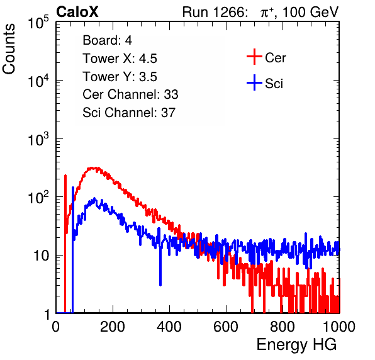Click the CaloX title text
coord(77,12)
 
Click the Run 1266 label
coord(215,12)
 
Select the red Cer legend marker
coord(254,57)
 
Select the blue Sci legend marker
coord(254,82)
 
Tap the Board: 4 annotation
coord(107,40)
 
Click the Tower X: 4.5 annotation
coord(120,59)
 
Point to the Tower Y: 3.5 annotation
coord(120,77)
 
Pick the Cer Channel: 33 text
coord(130,94)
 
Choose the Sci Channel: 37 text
coord(129,113)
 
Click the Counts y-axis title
coord(9,49)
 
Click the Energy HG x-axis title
coord(296,345)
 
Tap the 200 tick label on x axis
coord(113,327)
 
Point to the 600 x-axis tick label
coord(226,327)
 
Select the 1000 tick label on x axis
coord(339,327)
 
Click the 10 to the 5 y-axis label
coord(38,22)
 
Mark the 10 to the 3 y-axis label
coord(38,139)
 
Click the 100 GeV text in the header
coord(310,12)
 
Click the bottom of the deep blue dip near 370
coord(160,284)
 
